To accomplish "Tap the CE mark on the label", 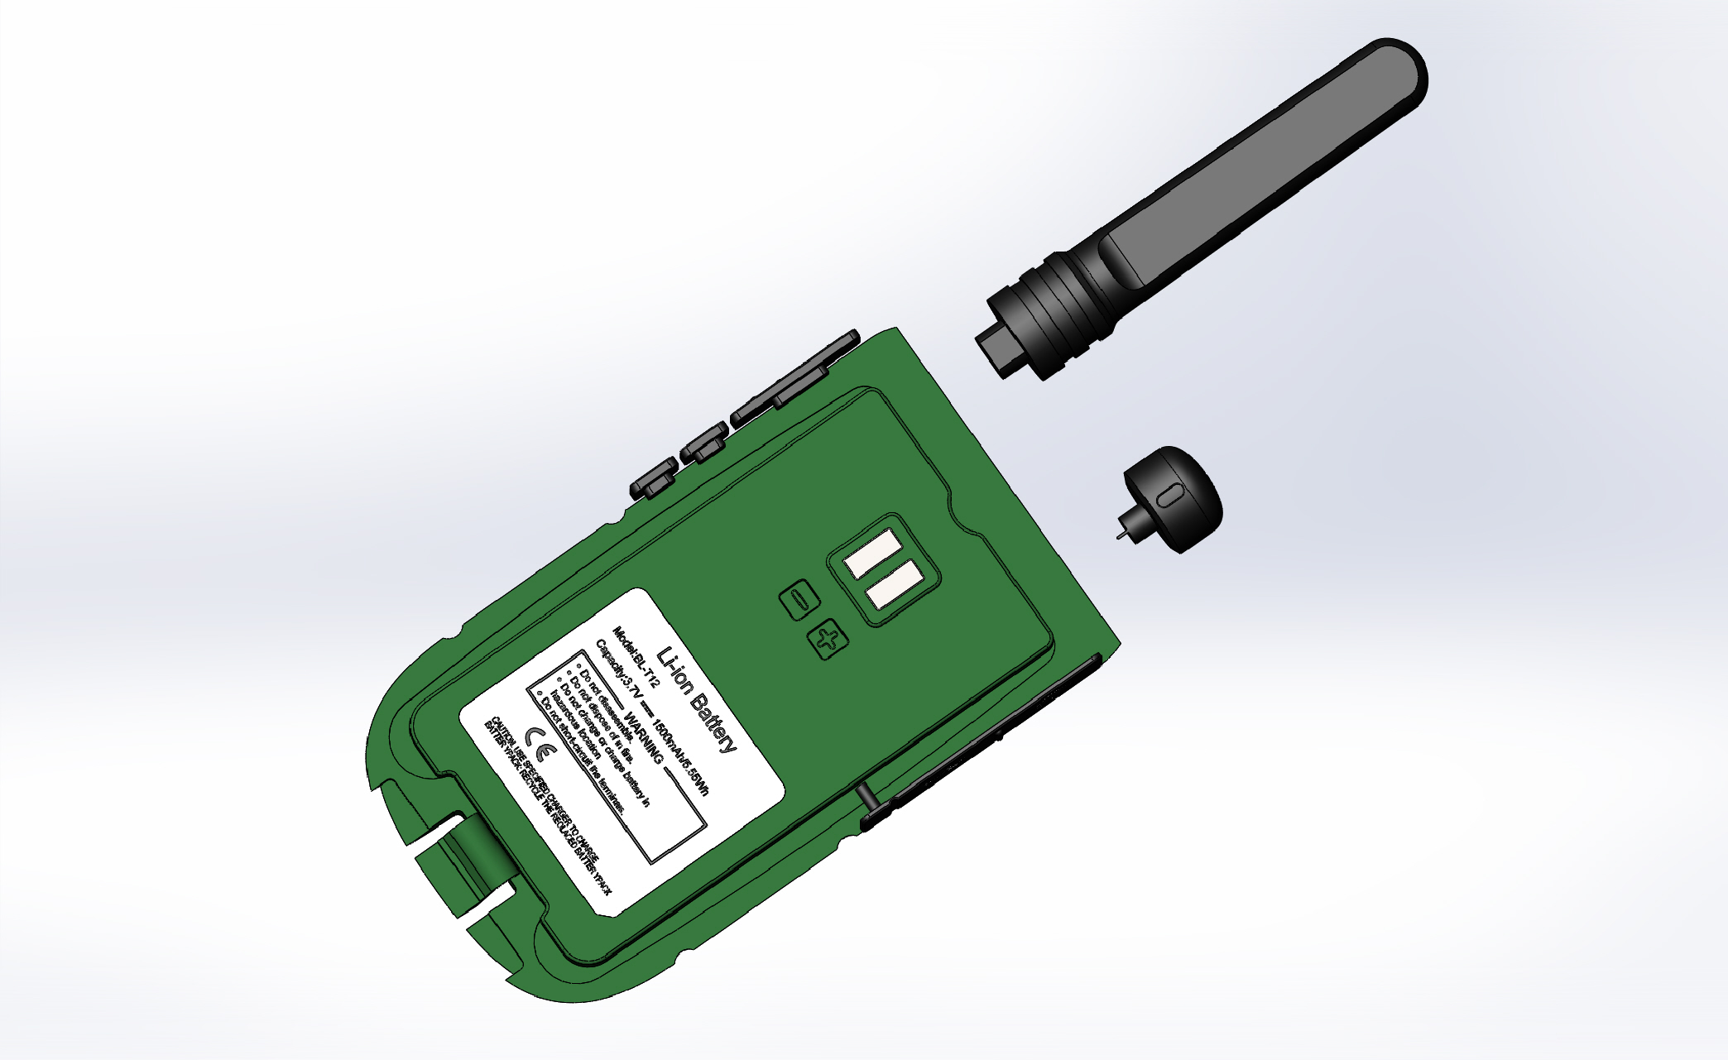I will coord(537,745).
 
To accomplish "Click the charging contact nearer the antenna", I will coord(872,554).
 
